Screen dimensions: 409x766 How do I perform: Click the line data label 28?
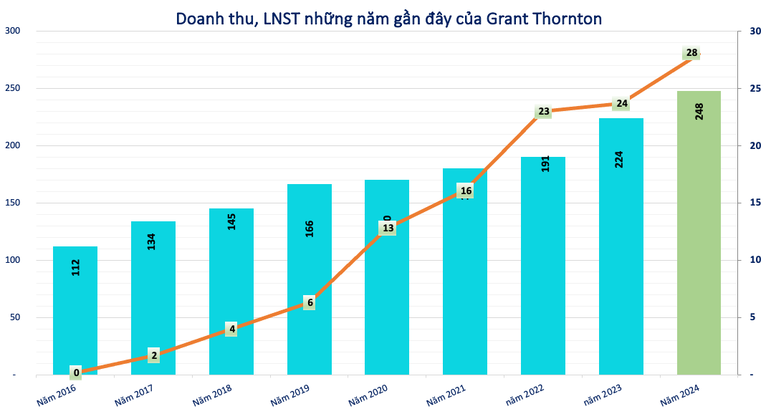pos(691,53)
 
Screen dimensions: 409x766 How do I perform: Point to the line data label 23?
pos(543,111)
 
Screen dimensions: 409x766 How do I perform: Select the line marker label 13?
pos(388,228)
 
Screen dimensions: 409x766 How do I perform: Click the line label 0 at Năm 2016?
pos(76,372)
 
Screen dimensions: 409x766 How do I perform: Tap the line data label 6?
pos(310,302)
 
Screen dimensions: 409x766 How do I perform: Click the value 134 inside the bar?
pos(152,241)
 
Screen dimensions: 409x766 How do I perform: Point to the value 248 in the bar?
pos(699,111)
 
